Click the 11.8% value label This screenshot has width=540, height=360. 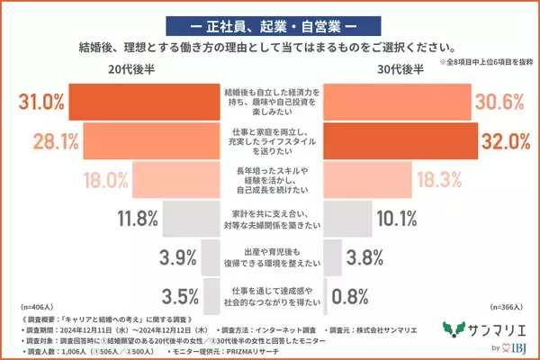135,218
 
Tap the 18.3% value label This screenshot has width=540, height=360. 439,179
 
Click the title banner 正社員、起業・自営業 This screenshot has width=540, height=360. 269,20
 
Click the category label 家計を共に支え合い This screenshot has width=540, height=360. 270,212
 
